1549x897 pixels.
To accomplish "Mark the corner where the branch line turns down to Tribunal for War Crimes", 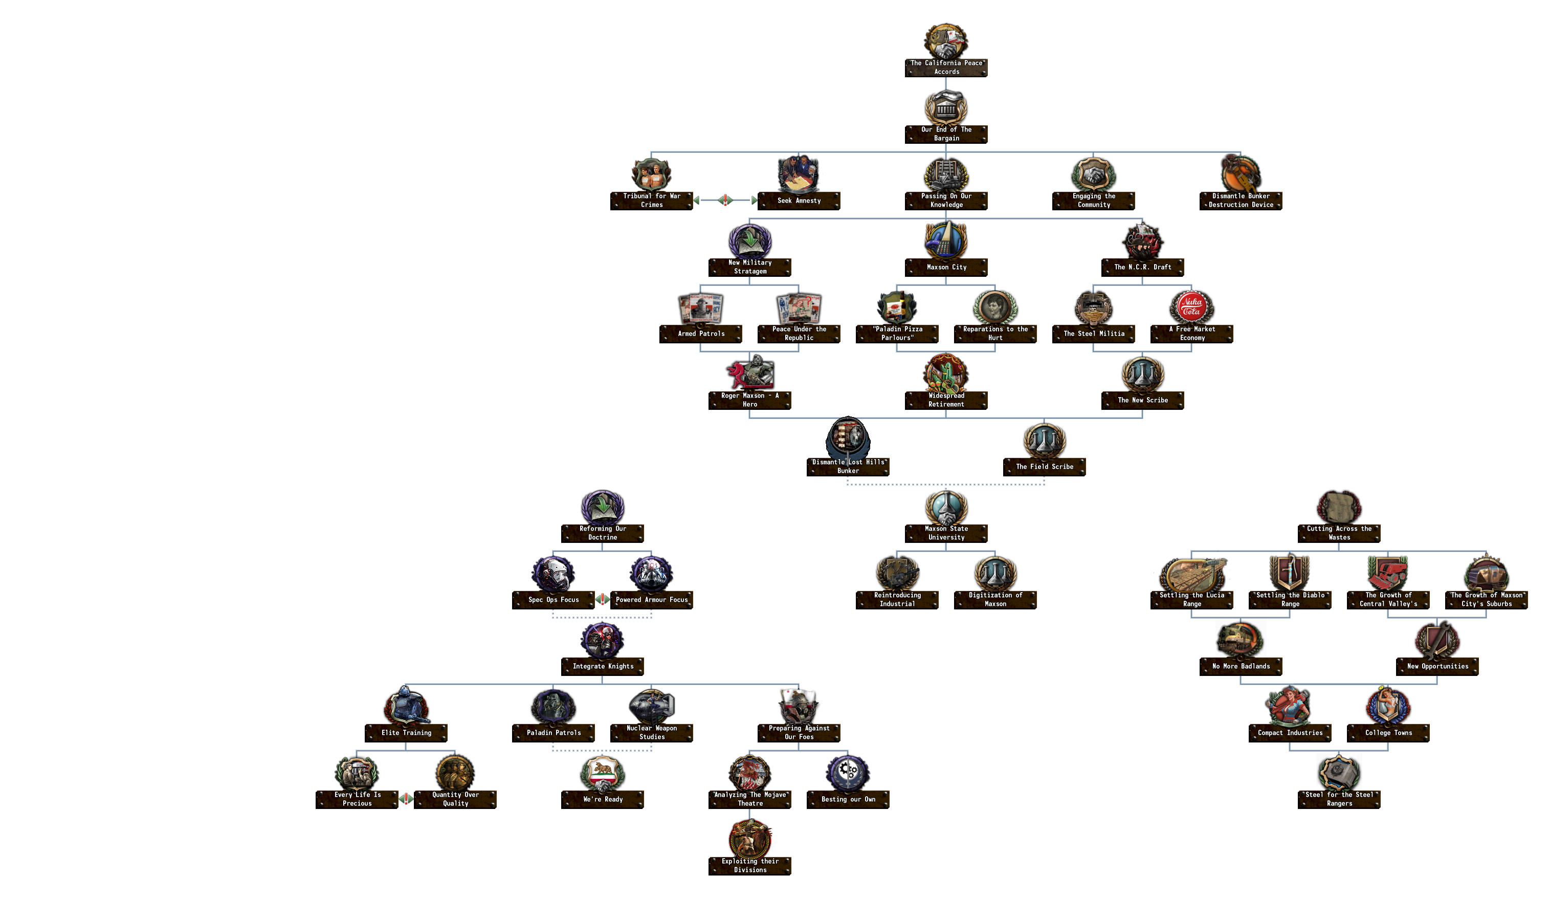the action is pyautogui.click(x=652, y=152).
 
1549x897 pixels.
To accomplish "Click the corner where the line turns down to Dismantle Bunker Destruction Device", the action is pyautogui.click(x=1241, y=152).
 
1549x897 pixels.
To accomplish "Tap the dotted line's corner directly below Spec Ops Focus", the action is pyautogui.click(x=553, y=617).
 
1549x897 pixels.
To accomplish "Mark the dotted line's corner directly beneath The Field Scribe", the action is pyautogui.click(x=1044, y=485).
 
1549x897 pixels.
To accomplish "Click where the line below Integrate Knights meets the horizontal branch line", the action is pyautogui.click(x=603, y=684).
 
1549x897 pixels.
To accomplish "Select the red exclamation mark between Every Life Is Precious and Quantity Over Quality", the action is pyautogui.click(x=406, y=799).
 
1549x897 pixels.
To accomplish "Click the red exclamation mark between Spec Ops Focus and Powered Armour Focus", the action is pyautogui.click(x=603, y=599).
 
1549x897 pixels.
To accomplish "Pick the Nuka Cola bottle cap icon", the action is pyautogui.click(x=1191, y=306).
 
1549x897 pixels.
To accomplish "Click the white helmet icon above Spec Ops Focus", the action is pyautogui.click(x=553, y=573).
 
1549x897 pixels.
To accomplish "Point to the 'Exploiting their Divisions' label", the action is pyautogui.click(x=749, y=865).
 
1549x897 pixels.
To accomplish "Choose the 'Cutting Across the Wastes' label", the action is pyautogui.click(x=1339, y=533).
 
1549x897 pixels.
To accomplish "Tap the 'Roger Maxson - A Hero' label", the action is pyautogui.click(x=749, y=400).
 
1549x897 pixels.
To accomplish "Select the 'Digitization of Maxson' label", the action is pyautogui.click(x=995, y=599).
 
